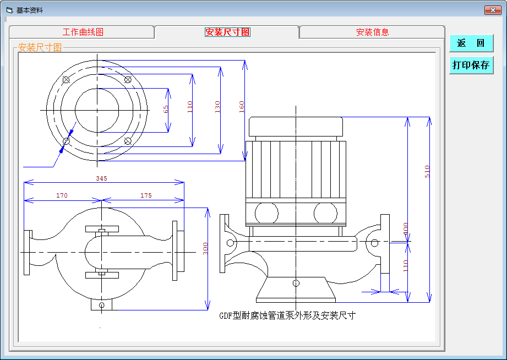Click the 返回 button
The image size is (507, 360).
click(471, 43)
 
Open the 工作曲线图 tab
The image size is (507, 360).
click(83, 32)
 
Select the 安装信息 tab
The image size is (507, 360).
click(372, 32)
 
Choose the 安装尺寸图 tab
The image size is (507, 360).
click(227, 32)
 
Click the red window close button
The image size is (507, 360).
click(492, 10)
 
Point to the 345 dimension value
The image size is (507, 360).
click(101, 178)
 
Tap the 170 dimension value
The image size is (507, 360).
click(62, 195)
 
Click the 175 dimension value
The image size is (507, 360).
click(146, 195)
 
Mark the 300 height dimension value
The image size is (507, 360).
click(206, 249)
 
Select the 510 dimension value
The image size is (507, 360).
click(427, 171)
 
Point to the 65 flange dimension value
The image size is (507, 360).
click(166, 109)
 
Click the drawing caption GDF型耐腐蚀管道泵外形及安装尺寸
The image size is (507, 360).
click(287, 316)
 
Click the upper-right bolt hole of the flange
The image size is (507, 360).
click(128, 80)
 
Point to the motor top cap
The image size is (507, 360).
click(296, 127)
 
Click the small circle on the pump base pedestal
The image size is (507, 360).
click(296, 283)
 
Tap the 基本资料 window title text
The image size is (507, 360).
click(30, 10)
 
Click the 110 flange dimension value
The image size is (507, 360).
click(190, 107)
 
